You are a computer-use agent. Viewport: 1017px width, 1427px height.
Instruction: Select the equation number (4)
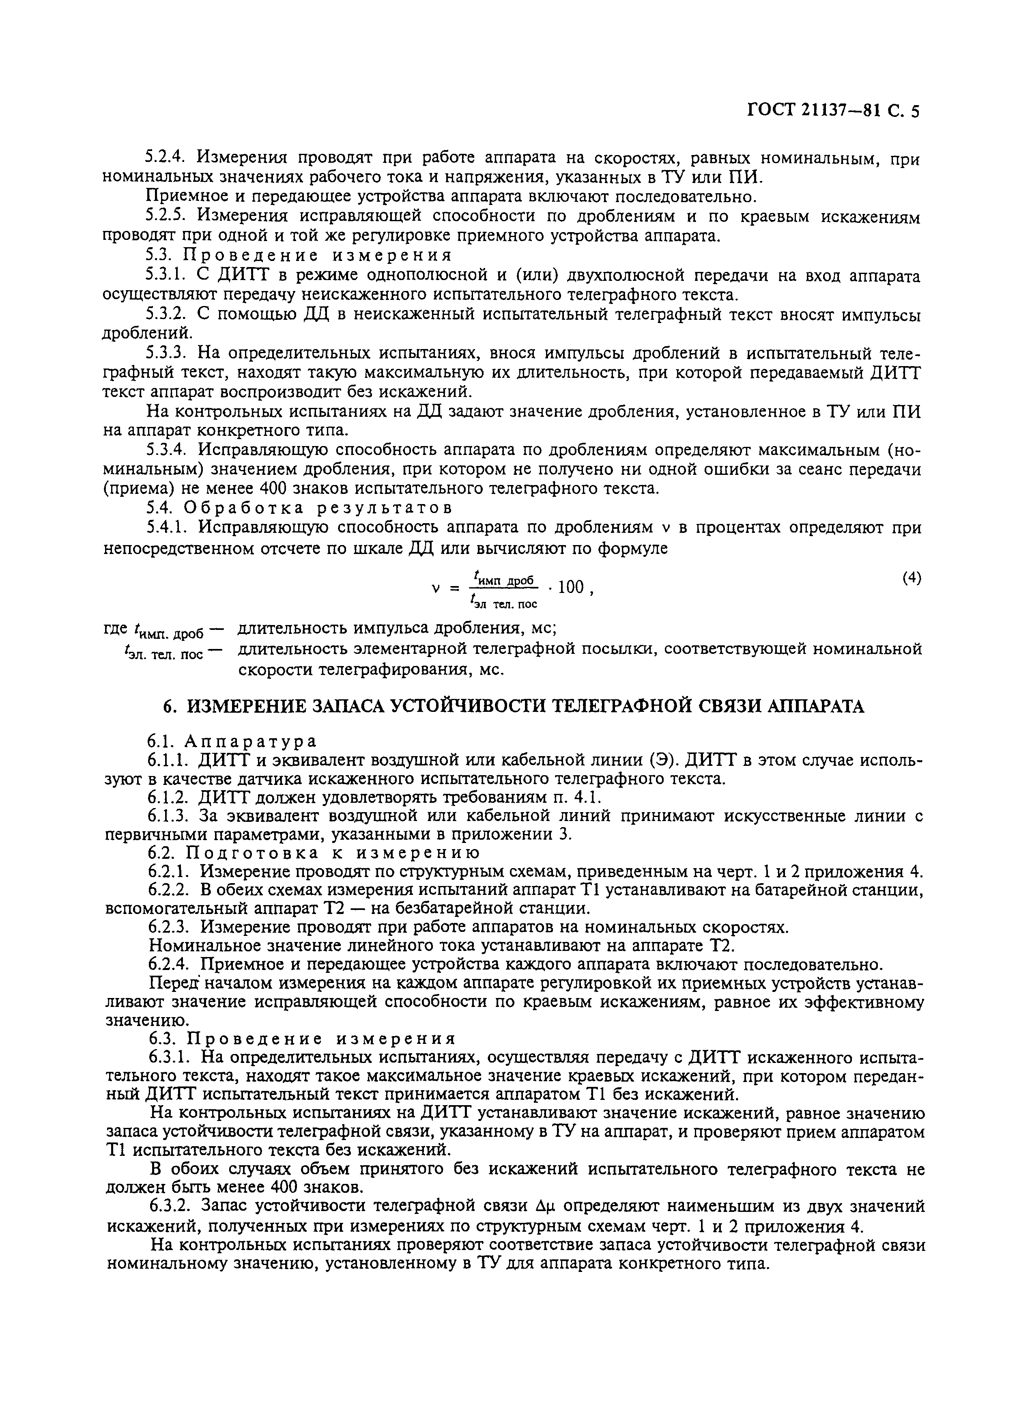pos(911,578)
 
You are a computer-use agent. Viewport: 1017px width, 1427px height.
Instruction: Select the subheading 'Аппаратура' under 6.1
pos(250,741)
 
